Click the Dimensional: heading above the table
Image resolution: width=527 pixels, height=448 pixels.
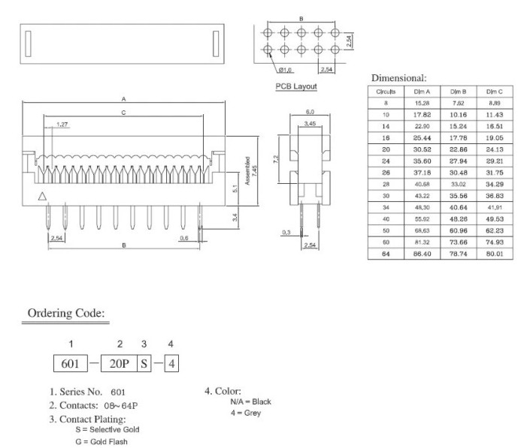coord(399,77)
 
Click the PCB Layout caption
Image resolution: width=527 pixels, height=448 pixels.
coord(296,86)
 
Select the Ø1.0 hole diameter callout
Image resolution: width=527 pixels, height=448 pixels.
coord(285,70)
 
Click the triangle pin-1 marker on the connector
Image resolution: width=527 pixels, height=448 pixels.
coord(42,197)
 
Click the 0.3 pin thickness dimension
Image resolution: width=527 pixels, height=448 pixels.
coord(285,233)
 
